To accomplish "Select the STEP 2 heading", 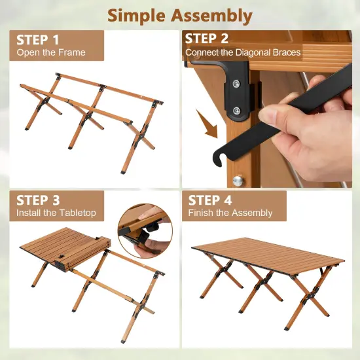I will click(207, 39).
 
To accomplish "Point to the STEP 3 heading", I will click(38, 200).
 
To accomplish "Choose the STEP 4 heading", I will click(211, 200).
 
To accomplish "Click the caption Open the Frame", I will click(51, 52).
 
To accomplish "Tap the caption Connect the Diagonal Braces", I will click(243, 52).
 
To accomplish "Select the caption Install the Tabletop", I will click(56, 213).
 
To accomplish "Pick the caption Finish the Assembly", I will click(230, 213).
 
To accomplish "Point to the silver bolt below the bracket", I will click(239, 180).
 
